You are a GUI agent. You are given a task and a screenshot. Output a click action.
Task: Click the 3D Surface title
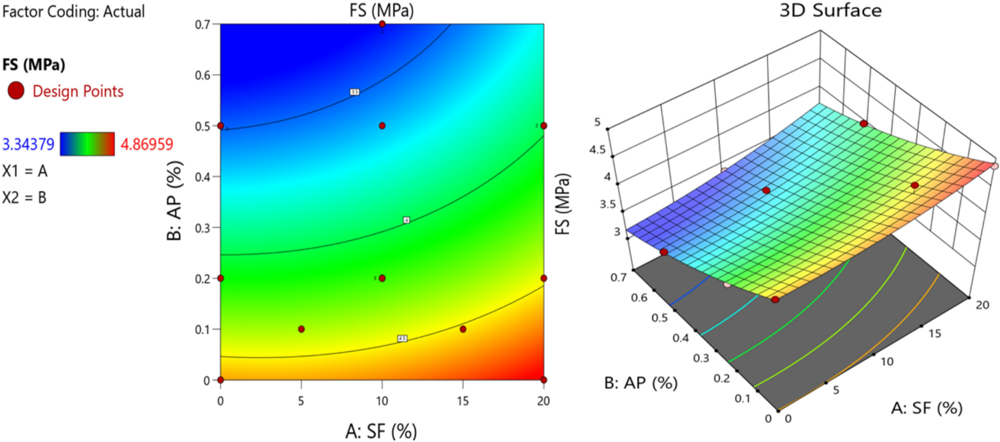click(830, 10)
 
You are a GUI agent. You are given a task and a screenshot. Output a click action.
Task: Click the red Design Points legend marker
click(16, 91)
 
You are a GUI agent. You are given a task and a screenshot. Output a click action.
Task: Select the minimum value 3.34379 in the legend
click(28, 144)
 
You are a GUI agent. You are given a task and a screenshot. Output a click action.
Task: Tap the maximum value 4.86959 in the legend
click(147, 144)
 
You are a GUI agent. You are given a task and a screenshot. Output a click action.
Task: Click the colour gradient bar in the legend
click(87, 144)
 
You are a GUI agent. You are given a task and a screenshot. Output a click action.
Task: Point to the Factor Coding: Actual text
click(73, 11)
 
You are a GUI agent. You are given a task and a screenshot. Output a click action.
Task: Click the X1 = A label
click(25, 171)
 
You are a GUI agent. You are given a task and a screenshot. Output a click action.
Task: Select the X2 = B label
click(24, 198)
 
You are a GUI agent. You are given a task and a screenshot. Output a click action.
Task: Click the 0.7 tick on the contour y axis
click(202, 24)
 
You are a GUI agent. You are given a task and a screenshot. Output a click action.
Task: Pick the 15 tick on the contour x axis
click(463, 401)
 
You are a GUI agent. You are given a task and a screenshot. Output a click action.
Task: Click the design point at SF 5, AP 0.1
click(301, 329)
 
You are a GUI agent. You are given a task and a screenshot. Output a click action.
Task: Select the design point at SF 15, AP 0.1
click(463, 329)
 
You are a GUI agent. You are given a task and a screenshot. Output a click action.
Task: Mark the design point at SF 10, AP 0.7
click(382, 24)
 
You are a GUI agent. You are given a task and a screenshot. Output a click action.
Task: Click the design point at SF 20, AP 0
click(543, 380)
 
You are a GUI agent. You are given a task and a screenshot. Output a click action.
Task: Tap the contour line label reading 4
click(406, 220)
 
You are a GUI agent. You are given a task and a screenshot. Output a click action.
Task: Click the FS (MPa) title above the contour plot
click(381, 10)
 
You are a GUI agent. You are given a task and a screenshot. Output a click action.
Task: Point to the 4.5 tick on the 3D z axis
click(597, 150)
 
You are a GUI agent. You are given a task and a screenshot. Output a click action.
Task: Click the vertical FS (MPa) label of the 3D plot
click(562, 204)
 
